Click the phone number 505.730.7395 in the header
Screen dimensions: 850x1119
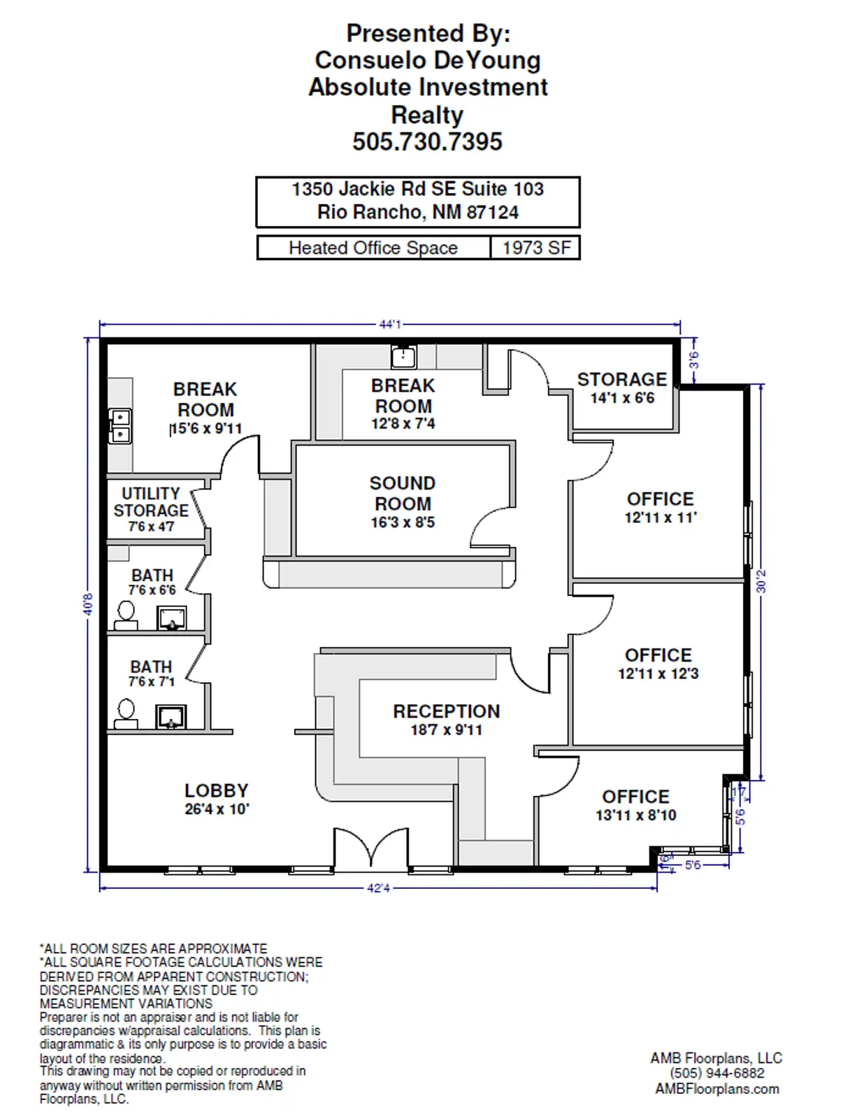pyautogui.click(x=427, y=142)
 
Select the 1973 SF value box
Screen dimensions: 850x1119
pyautogui.click(x=535, y=248)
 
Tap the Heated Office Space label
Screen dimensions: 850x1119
pyautogui.click(x=373, y=248)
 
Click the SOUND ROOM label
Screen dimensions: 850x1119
pyautogui.click(x=403, y=494)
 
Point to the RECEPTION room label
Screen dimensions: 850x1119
pyautogui.click(x=446, y=712)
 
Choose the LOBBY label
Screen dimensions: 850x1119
pyautogui.click(x=216, y=791)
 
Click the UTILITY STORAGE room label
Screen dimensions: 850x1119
pyautogui.click(x=151, y=502)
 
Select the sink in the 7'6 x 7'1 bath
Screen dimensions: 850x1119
pyautogui.click(x=171, y=717)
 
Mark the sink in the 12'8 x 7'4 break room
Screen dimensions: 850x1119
pyautogui.click(x=403, y=357)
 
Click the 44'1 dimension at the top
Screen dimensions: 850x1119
pyautogui.click(x=390, y=325)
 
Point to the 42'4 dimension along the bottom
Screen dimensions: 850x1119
pyautogui.click(x=378, y=888)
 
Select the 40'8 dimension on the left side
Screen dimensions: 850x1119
pyautogui.click(x=88, y=604)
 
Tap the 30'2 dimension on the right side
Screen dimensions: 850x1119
pyautogui.click(x=761, y=581)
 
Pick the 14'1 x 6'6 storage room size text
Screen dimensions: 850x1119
pyautogui.click(x=622, y=398)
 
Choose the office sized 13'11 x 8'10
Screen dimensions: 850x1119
pyautogui.click(x=635, y=805)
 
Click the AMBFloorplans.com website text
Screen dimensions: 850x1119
pyautogui.click(x=716, y=1089)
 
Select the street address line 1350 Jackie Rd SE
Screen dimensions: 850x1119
pyautogui.click(x=417, y=190)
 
